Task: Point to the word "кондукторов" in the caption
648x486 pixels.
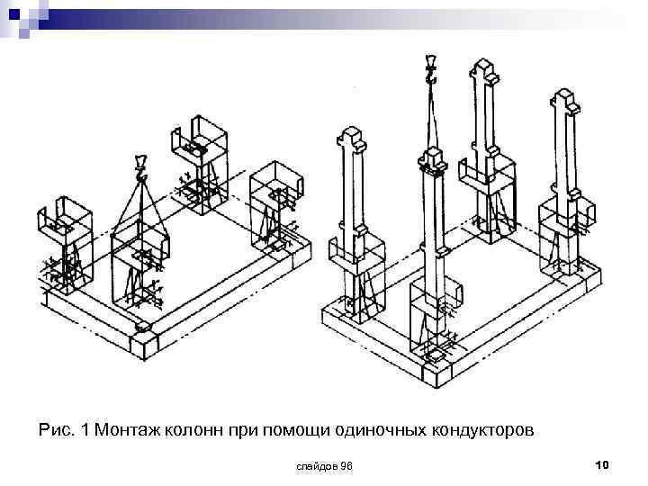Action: click(478, 430)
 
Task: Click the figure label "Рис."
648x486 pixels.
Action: click(56, 430)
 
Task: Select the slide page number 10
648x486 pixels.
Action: click(602, 464)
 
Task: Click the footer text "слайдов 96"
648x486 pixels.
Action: click(324, 465)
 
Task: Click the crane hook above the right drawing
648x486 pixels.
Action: click(431, 69)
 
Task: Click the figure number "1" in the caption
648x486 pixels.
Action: click(85, 430)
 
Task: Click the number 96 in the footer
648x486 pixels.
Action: click(346, 465)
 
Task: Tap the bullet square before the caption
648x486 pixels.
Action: click(24, 430)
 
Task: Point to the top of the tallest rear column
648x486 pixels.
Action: click(484, 67)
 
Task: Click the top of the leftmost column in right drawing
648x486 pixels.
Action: click(351, 139)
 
